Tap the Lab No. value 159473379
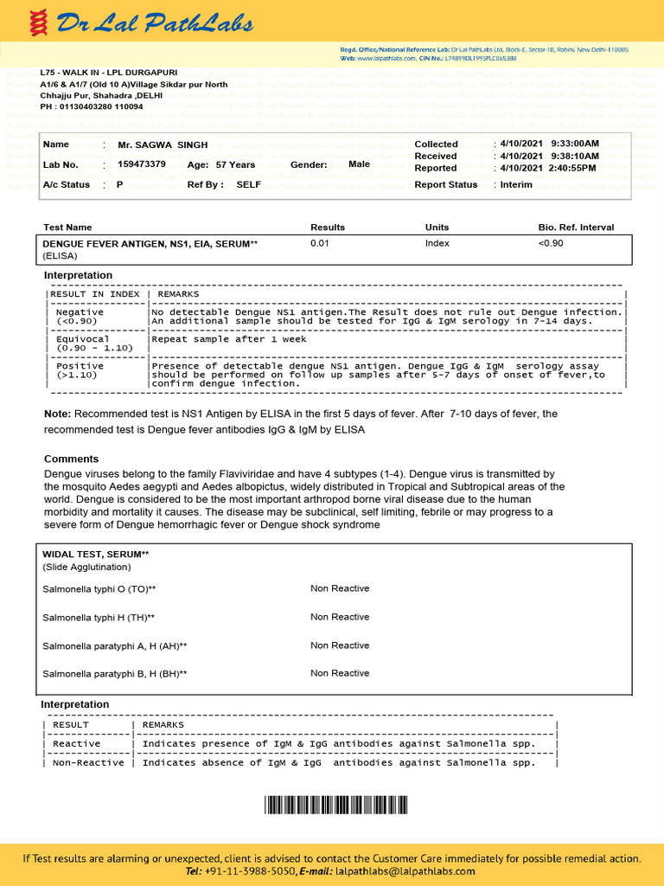tap(142, 164)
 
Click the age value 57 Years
tap(235, 164)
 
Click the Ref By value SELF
tap(248, 184)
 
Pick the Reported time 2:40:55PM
tap(571, 168)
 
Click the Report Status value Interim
tap(516, 184)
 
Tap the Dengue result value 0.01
tap(319, 243)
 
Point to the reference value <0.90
tap(551, 243)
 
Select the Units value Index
tap(437, 243)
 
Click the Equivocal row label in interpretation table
tap(83, 339)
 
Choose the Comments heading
tap(71, 459)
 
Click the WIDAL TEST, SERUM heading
tap(95, 554)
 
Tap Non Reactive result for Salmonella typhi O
tap(340, 588)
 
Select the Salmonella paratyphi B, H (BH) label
tap(115, 673)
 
